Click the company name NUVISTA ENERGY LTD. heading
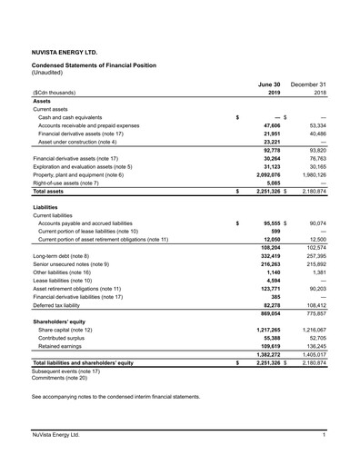pyautogui.click(x=65, y=54)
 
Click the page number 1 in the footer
pyautogui.click(x=324, y=439)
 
